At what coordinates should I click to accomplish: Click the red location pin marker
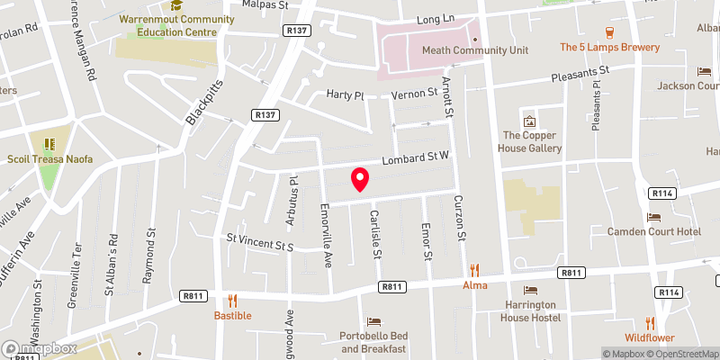[x=360, y=179]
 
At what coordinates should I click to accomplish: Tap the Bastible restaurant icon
[x=232, y=301]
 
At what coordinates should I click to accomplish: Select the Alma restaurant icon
[x=474, y=270]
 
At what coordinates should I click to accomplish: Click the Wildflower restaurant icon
[x=650, y=323]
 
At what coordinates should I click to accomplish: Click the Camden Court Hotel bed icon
[x=654, y=217]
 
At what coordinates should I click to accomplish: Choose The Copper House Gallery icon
[x=529, y=121]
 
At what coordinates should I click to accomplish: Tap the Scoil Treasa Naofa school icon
[x=49, y=143]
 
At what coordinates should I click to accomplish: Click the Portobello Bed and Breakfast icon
[x=374, y=321]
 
